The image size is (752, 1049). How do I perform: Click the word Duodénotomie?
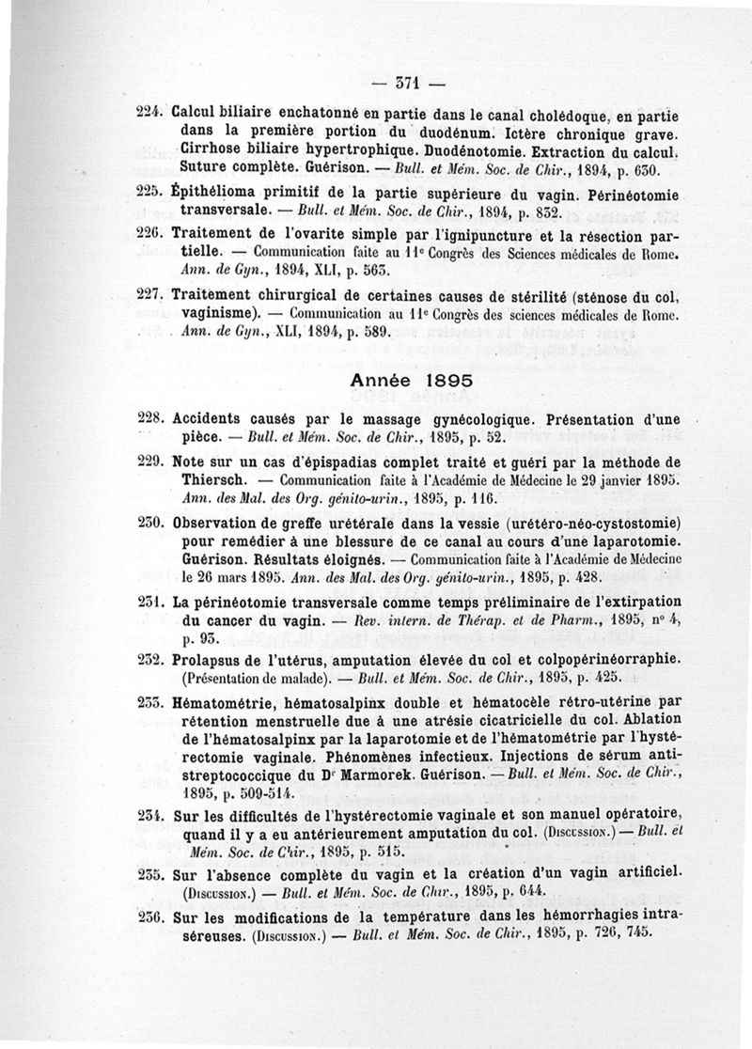pyautogui.click(x=478, y=149)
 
